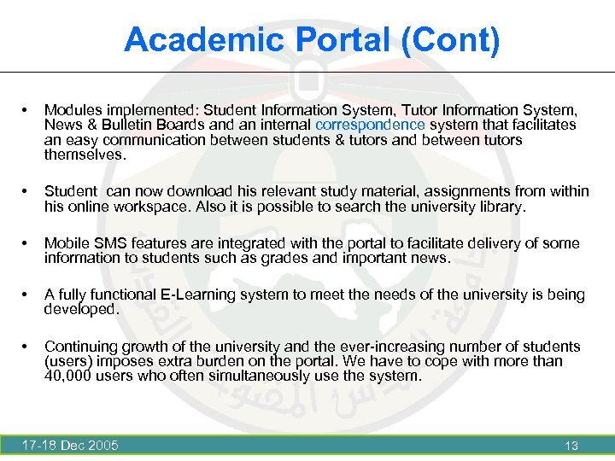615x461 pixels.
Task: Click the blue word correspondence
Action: pyautogui.click(x=369, y=125)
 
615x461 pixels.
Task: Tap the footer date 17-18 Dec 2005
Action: pyautogui.click(x=70, y=445)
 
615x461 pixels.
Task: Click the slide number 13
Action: pyautogui.click(x=571, y=446)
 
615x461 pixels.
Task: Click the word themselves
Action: pyautogui.click(x=85, y=155)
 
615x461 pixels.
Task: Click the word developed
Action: pyautogui.click(x=81, y=309)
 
